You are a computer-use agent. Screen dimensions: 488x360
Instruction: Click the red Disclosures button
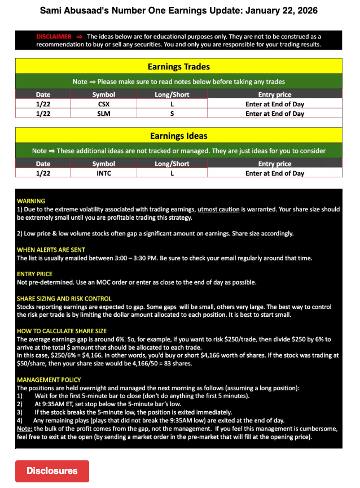[x=52, y=470]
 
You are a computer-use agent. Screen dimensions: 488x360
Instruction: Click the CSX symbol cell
[x=103, y=104]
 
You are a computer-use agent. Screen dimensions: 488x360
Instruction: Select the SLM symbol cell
[x=103, y=114]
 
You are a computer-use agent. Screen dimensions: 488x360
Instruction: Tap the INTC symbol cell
[x=103, y=173]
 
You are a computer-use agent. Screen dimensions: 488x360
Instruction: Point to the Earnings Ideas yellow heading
[x=178, y=136]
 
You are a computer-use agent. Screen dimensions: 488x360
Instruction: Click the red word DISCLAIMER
[x=54, y=36]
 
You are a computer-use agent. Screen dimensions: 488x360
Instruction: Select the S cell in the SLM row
[x=172, y=114]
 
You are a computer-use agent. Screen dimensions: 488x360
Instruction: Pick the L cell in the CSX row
[x=172, y=104]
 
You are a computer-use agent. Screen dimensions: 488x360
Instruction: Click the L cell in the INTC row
[x=172, y=173]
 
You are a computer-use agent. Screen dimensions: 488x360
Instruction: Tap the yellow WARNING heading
[x=31, y=201]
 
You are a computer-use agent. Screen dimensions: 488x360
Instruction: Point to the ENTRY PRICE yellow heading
[x=36, y=274]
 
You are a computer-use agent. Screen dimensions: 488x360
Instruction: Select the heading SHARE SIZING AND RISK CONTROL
[x=64, y=298]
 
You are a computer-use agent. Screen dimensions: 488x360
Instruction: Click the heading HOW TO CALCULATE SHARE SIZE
[x=62, y=330]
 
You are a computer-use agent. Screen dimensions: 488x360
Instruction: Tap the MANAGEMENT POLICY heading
[x=49, y=380]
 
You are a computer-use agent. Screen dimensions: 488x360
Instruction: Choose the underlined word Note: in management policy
[x=25, y=429]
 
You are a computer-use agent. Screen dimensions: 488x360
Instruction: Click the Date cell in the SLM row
[x=43, y=114]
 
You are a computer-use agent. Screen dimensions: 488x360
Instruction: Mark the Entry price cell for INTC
[x=274, y=173]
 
